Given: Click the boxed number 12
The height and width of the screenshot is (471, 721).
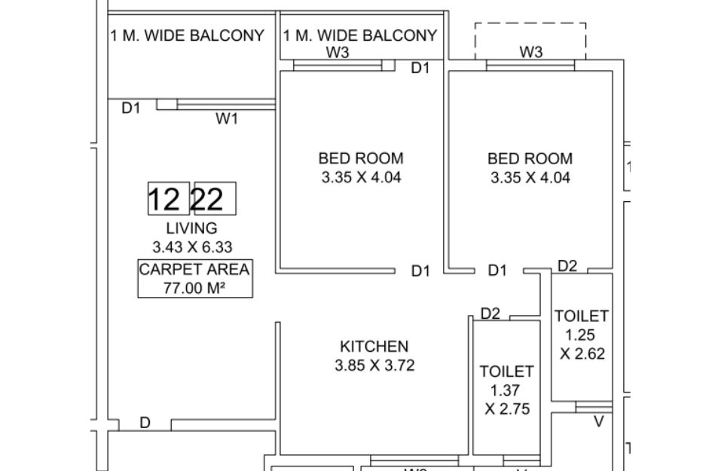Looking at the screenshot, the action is tap(169, 198).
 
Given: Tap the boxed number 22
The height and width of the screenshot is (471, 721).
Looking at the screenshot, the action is tap(215, 198).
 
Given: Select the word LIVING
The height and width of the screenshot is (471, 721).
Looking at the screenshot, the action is tap(192, 228).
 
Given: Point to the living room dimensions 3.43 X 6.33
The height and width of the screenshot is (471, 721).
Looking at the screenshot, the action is tap(193, 247).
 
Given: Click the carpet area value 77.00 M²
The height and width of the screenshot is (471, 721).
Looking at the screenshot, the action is tap(194, 289).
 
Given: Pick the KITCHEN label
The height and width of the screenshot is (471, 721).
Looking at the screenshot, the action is tap(374, 347).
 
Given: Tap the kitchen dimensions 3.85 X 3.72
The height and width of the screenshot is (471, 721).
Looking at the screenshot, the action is tap(374, 365).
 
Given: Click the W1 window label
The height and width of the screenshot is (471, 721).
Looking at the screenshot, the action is tap(228, 118).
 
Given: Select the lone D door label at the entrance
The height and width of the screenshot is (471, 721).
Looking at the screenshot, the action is tap(145, 423).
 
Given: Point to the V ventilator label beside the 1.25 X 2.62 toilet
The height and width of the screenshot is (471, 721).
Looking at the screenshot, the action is tap(599, 421).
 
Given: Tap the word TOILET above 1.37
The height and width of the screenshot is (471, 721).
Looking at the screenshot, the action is tap(507, 372).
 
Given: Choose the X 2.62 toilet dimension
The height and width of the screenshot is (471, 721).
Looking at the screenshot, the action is tap(582, 353).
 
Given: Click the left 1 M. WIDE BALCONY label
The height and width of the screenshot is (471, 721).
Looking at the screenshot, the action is tap(188, 35).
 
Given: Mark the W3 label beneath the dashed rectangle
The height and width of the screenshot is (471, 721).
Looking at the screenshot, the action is tap(531, 52).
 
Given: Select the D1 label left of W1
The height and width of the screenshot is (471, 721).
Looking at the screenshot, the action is tap(131, 108).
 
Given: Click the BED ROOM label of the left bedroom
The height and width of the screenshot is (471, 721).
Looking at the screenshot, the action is tap(361, 158).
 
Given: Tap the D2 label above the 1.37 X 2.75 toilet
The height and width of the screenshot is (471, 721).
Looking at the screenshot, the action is tap(490, 313).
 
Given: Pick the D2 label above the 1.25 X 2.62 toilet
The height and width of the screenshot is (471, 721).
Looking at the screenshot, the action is tap(567, 266).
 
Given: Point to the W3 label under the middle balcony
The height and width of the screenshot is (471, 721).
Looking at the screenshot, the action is tap(338, 52).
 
